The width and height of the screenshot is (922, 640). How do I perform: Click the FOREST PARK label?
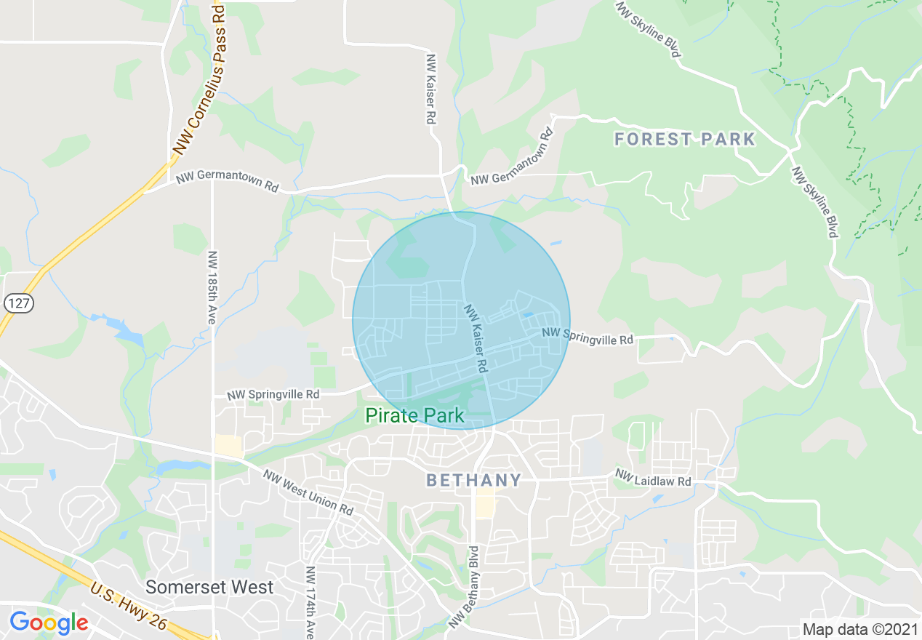coord(685,139)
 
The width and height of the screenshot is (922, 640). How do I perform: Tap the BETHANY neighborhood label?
coord(473,480)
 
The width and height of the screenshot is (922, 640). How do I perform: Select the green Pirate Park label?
coord(414,416)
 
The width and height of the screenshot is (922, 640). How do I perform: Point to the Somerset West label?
coord(209,587)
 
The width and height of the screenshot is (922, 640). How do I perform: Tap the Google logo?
coord(49,623)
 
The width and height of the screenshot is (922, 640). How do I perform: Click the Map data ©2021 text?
coord(858,629)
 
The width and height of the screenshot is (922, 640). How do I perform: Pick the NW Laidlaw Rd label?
coord(654,478)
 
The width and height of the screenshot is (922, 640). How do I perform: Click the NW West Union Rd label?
coord(309,493)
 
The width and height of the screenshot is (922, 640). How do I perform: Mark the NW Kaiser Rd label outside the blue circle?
coord(430,89)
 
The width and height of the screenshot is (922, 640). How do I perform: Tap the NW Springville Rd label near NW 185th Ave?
coord(273,395)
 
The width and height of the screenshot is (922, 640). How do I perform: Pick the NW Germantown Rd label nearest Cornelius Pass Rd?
coord(227,181)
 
